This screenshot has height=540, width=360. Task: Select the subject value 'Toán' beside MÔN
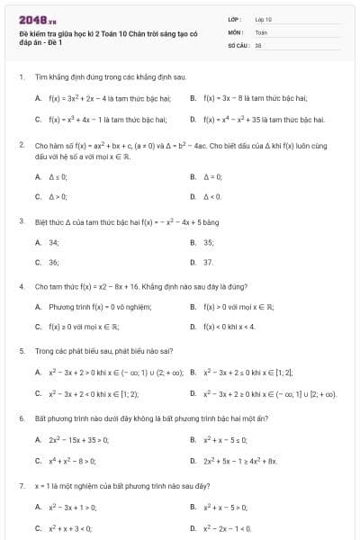[x=261, y=31]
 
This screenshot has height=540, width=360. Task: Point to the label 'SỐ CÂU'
[x=238, y=44]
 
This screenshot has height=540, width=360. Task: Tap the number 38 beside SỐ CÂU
[x=258, y=44]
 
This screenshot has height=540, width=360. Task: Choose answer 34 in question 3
[x=54, y=242]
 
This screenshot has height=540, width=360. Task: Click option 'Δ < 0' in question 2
[x=212, y=196]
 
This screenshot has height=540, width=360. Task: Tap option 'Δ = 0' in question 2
[x=212, y=176]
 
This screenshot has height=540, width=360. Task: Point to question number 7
[x=21, y=485]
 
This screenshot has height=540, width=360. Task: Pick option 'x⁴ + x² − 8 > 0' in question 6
[x=72, y=460]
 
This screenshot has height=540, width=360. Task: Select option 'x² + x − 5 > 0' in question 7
[x=225, y=507]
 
